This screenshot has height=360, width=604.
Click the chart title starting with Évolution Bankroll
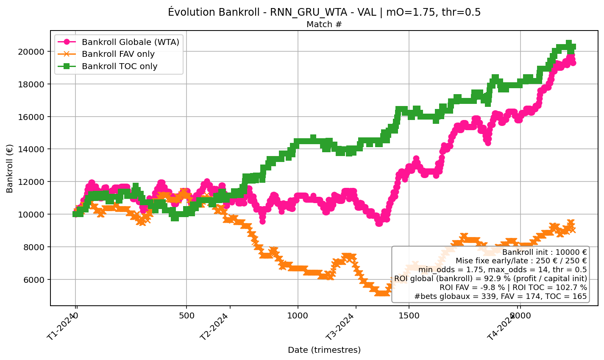click(x=324, y=12)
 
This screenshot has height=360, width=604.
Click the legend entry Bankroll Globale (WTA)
click(x=131, y=42)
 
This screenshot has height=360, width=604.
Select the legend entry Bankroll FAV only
click(x=118, y=54)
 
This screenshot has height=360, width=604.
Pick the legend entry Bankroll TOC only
click(x=120, y=66)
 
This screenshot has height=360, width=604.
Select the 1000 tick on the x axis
click(x=298, y=316)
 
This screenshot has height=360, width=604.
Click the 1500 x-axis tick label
click(x=409, y=316)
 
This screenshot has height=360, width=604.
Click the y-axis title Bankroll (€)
click(x=10, y=168)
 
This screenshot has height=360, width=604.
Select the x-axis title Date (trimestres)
click(x=324, y=350)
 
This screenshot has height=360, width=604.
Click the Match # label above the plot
click(x=324, y=25)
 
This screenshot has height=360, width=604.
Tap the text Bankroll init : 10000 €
click(x=544, y=252)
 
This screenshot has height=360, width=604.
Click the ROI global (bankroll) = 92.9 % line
click(x=490, y=278)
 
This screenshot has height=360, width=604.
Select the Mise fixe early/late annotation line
click(x=521, y=261)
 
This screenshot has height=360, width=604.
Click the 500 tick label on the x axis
click(x=186, y=316)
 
